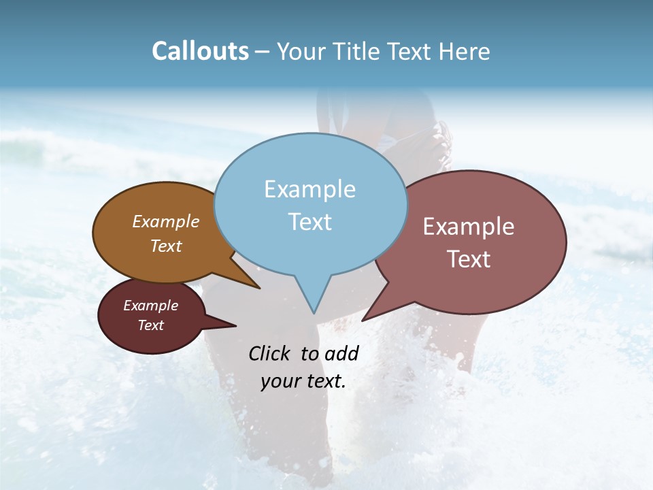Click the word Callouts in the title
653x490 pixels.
coord(200,51)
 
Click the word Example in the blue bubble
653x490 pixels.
coord(309,189)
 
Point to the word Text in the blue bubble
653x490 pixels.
coord(309,222)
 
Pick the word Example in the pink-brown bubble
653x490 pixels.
coord(469,227)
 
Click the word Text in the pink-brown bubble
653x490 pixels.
coord(469,259)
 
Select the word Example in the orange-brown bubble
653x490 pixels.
coord(166,221)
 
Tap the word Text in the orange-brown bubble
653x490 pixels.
coord(166,246)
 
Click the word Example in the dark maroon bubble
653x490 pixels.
coord(151,306)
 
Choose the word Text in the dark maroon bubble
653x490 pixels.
coord(151,325)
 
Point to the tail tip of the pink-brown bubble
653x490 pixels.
coord(363,320)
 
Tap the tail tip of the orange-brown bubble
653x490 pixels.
coord(259,288)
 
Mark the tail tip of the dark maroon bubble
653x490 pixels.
coord(235,325)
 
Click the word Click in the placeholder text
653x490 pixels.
coord(269,353)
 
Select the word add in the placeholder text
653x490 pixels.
coord(342,353)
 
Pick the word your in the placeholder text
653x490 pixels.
coord(279,381)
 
